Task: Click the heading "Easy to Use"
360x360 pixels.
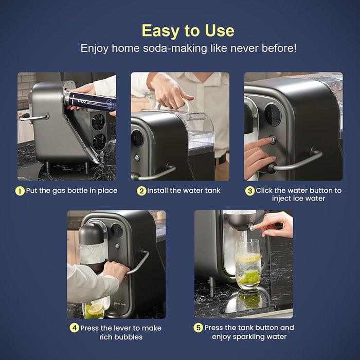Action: pos(188,30)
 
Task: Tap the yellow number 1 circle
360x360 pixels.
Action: pos(20,191)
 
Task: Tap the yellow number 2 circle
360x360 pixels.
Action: pos(141,191)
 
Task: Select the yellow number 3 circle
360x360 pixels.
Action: pos(250,191)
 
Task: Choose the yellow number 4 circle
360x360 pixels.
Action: pos(75,328)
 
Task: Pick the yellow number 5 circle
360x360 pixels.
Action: pos(198,328)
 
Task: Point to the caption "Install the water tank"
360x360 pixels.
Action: pos(184,191)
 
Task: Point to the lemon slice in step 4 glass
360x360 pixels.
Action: pos(96,309)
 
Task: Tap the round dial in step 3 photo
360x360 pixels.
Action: pos(273,115)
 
